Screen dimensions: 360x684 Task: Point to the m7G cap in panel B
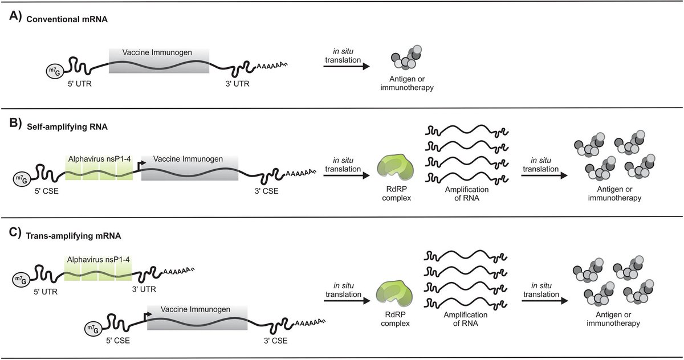(x=22, y=180)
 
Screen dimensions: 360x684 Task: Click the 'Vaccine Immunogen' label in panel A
(x=157, y=52)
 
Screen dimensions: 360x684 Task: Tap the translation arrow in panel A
(x=347, y=67)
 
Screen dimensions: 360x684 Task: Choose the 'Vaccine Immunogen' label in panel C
(x=196, y=309)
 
